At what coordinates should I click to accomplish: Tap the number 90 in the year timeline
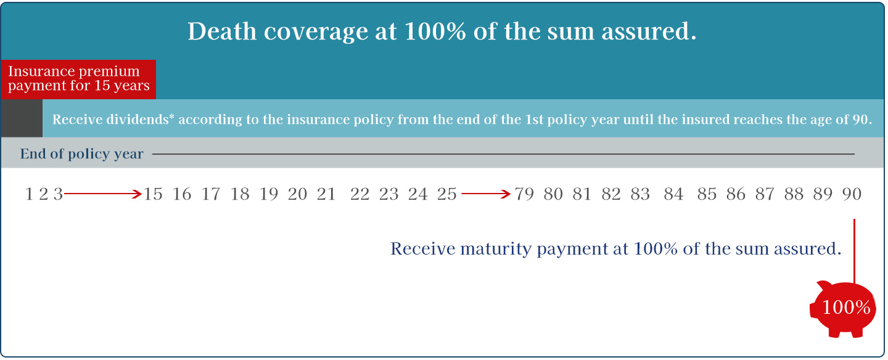[x=852, y=194]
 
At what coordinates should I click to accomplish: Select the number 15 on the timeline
[x=153, y=194]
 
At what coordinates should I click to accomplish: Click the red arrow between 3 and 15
[x=102, y=194]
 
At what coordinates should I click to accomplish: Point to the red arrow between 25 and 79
[x=486, y=194]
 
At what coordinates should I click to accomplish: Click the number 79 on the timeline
[x=524, y=194]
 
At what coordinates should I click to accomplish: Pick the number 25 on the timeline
[x=446, y=194]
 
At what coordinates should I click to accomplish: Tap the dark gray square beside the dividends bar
[x=22, y=118]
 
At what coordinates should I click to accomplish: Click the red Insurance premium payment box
[x=78, y=80]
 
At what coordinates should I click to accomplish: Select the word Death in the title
[x=222, y=31]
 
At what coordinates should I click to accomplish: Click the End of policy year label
[x=81, y=154]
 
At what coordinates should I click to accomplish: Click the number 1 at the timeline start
[x=29, y=194]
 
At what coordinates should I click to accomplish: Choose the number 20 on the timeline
[x=297, y=194]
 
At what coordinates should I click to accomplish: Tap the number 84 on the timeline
[x=673, y=194]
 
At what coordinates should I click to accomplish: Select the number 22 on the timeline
[x=360, y=194]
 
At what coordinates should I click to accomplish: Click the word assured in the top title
[x=649, y=31]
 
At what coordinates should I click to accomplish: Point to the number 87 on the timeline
[x=765, y=194]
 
